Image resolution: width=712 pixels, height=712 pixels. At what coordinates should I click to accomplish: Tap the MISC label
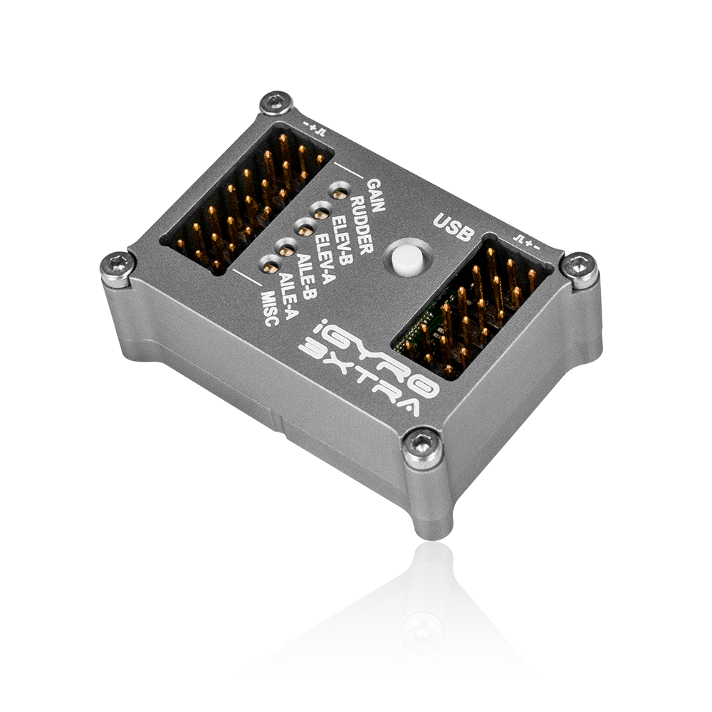270,310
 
